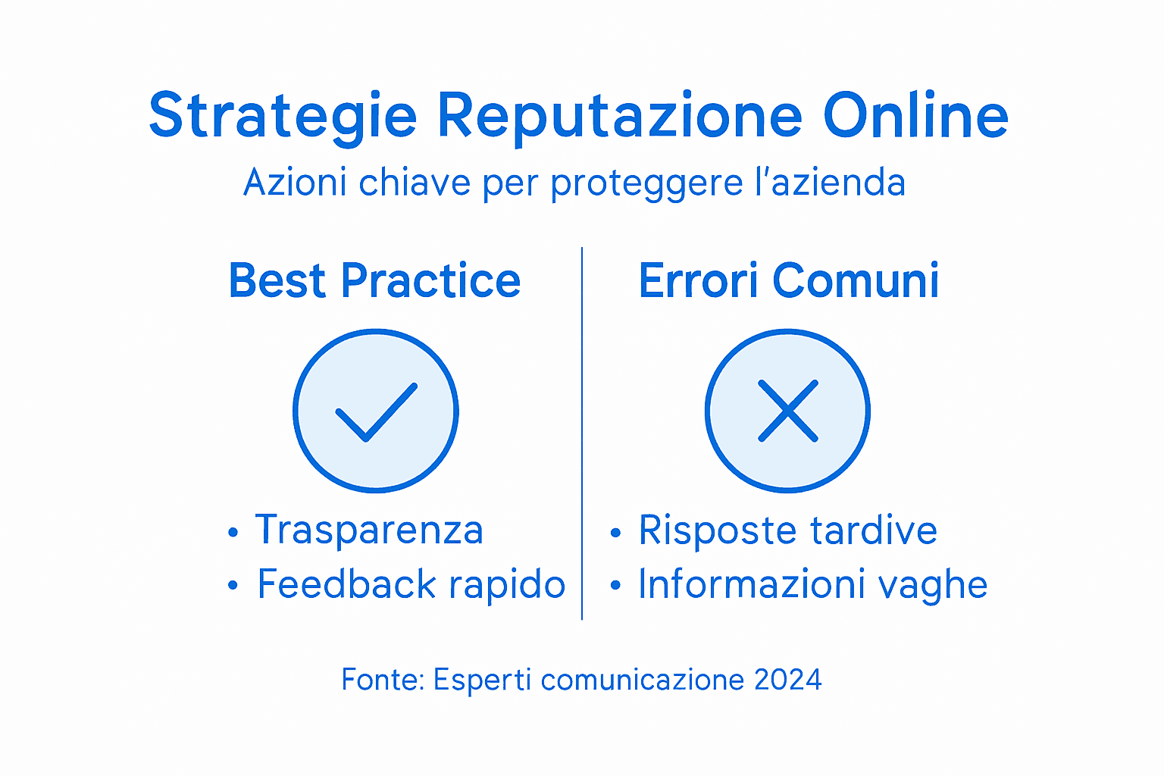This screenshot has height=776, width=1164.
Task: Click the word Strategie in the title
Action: pyautogui.click(x=283, y=116)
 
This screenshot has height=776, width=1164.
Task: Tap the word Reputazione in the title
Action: pyautogui.click(x=620, y=116)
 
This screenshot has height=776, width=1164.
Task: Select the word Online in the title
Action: pyautogui.click(x=915, y=116)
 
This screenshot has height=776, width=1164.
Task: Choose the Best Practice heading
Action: pyautogui.click(x=374, y=281)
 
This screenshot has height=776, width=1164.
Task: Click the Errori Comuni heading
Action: pyautogui.click(x=789, y=281)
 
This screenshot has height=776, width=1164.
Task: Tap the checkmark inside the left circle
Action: pyautogui.click(x=376, y=411)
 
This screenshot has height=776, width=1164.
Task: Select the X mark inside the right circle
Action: pyautogui.click(x=788, y=411)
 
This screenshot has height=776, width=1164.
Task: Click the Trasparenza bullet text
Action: pyautogui.click(x=369, y=530)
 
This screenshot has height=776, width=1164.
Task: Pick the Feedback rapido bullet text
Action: pyautogui.click(x=411, y=584)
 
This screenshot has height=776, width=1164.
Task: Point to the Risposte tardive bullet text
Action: pyautogui.click(x=787, y=530)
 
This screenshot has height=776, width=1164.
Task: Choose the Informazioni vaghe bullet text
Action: pyautogui.click(x=812, y=584)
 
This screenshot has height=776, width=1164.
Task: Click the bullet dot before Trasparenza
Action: pyautogui.click(x=233, y=533)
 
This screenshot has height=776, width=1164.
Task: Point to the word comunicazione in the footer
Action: pyautogui.click(x=643, y=680)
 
